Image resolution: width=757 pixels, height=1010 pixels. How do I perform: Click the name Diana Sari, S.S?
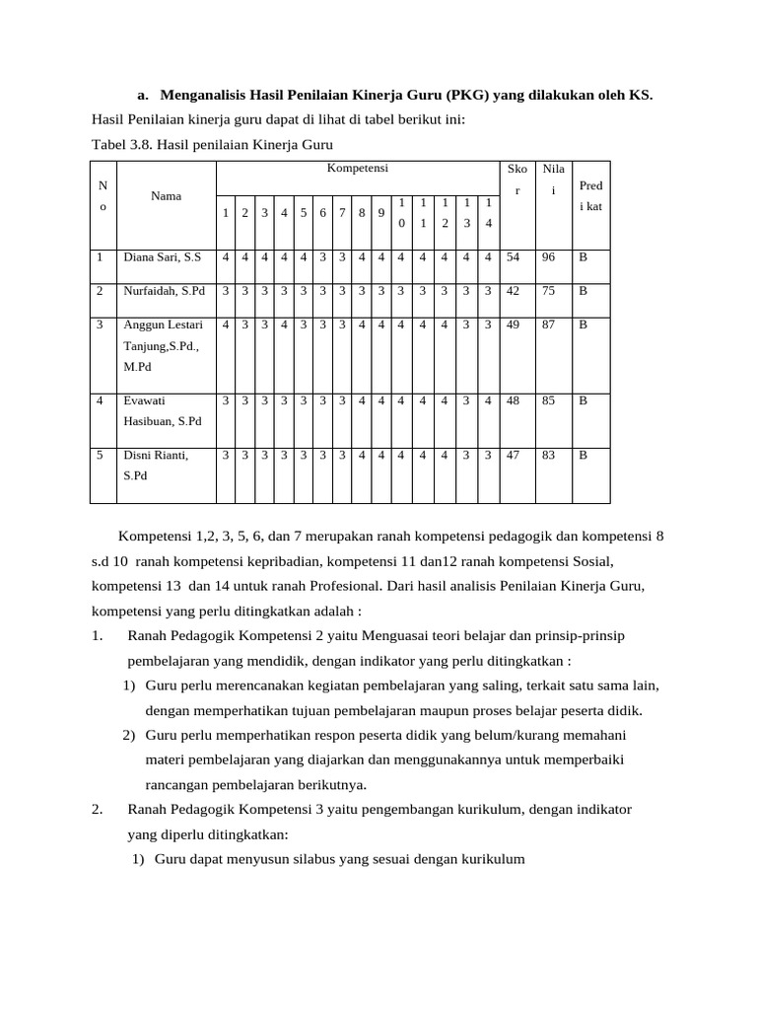point(162,257)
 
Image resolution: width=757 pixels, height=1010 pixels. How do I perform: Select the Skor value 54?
point(513,257)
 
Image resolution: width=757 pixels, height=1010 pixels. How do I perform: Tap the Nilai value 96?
point(549,257)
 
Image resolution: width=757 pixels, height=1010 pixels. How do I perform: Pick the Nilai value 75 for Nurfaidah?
point(549,291)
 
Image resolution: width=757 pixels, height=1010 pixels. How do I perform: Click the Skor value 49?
point(513,325)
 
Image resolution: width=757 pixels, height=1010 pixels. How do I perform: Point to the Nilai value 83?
point(549,456)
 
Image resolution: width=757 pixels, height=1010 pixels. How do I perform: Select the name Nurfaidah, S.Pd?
point(164,291)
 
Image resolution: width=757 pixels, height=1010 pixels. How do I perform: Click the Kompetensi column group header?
point(357,169)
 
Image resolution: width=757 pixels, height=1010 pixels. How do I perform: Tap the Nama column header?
point(166,195)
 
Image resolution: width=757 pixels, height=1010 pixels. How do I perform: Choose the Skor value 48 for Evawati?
point(513,401)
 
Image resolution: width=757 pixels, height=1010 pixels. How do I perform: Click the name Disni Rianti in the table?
point(155,456)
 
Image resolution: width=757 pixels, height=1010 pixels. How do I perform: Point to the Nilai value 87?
point(549,325)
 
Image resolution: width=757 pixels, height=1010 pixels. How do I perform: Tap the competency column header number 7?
point(342,213)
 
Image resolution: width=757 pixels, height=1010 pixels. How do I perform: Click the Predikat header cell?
point(591,195)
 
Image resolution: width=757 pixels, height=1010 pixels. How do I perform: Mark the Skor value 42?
point(513,291)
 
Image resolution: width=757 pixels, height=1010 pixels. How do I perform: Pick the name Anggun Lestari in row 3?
point(163,325)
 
